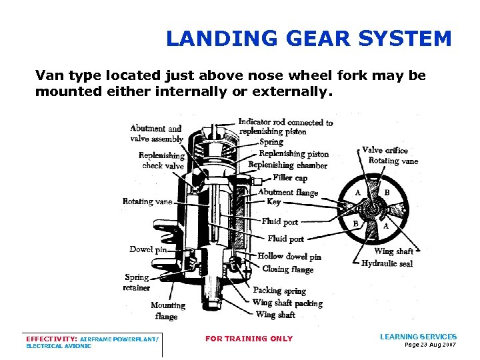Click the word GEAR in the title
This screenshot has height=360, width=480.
click(318, 39)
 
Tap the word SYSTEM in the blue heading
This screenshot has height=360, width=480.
click(405, 39)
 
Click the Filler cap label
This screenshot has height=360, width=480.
click(290, 177)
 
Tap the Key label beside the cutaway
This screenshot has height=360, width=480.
click(274, 201)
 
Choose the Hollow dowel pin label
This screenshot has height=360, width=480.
click(289, 256)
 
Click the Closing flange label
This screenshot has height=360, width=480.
click(288, 269)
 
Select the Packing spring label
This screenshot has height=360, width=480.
click(279, 290)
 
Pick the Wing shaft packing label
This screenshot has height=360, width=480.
click(287, 303)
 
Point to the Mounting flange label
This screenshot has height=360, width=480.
click(167, 311)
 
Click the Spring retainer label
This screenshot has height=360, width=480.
click(137, 282)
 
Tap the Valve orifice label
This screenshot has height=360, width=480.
click(385, 150)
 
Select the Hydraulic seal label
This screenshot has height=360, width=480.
click(387, 263)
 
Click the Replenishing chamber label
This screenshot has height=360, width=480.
click(287, 165)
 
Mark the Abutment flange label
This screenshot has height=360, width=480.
click(288, 192)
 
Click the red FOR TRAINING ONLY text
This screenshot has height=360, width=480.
click(249, 339)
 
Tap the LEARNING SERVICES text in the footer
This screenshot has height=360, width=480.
click(418, 337)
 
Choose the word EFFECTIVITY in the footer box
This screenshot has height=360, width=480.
click(51, 339)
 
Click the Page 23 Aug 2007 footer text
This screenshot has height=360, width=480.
click(431, 345)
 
